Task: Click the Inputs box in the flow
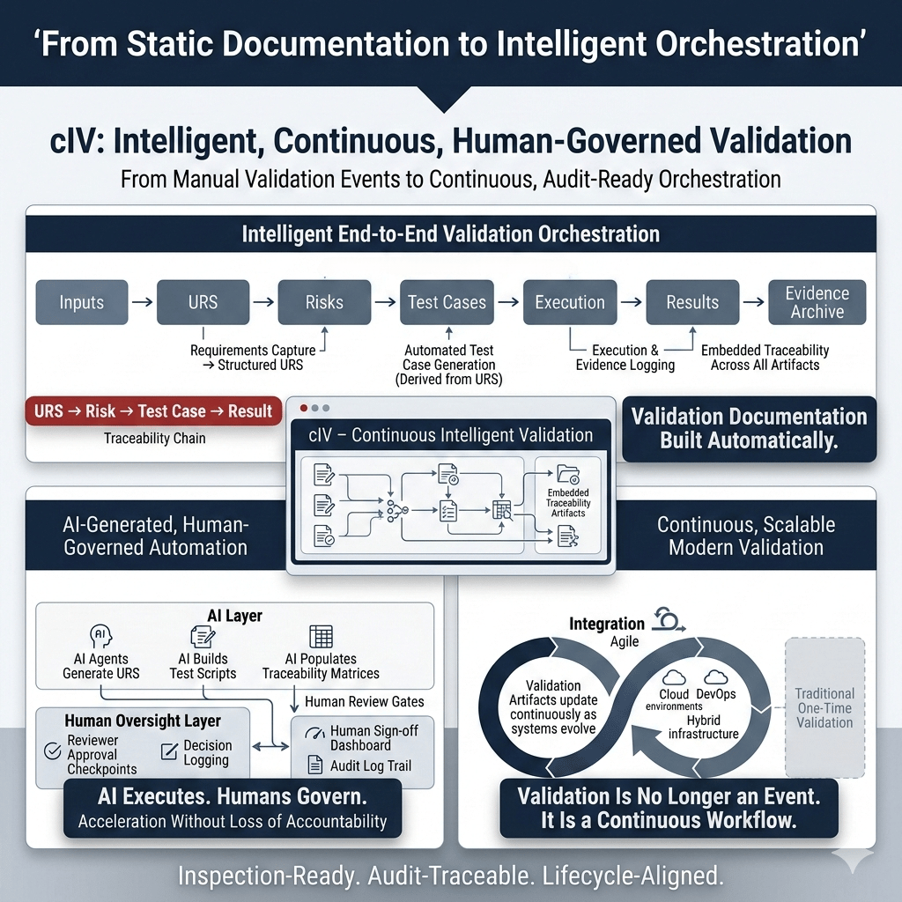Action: [x=82, y=303]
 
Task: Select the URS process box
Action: [x=203, y=303]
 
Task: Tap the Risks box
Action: [x=324, y=303]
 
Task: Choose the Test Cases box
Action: [x=447, y=303]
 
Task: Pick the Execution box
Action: [x=570, y=303]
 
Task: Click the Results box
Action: [x=692, y=303]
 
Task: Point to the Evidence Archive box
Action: [x=817, y=303]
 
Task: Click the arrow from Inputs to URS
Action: [x=143, y=302]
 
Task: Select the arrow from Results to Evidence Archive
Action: [x=754, y=302]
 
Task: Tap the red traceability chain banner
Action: [x=153, y=411]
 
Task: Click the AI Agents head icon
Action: [x=101, y=636]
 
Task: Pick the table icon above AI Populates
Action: [x=321, y=636]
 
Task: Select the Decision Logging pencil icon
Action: [x=170, y=751]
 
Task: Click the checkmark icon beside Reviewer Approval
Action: [x=53, y=750]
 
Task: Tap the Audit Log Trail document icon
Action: [x=315, y=765]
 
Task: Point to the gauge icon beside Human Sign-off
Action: [x=314, y=734]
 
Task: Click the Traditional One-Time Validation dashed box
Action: [x=824, y=707]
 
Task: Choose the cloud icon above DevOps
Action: [x=715, y=676]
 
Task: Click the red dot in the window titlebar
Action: [x=304, y=408]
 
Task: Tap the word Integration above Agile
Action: [x=607, y=625]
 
